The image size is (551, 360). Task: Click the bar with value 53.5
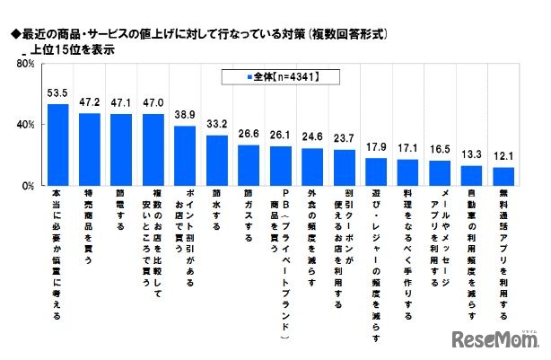[57, 145]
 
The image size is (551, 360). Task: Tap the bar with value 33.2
[217, 160]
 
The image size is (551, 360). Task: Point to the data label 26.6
[249, 136]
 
